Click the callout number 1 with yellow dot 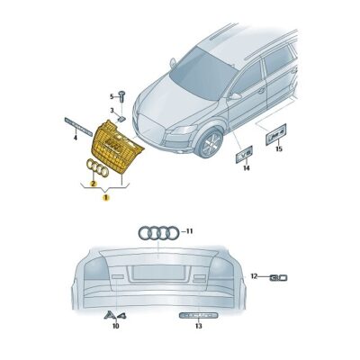tap(105, 195)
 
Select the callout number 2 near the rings tap(92, 183)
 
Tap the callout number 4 tap(75, 139)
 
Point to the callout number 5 tap(113, 96)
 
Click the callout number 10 tap(114, 327)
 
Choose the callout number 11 tap(190, 231)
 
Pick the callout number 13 tap(198, 327)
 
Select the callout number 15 tap(278, 148)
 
